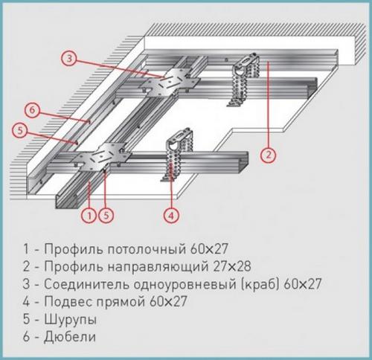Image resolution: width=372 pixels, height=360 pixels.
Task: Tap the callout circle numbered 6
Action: click(30, 109)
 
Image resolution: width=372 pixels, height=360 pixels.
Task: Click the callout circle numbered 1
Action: click(89, 216)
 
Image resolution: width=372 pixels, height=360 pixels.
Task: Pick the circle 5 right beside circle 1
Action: click(107, 216)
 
